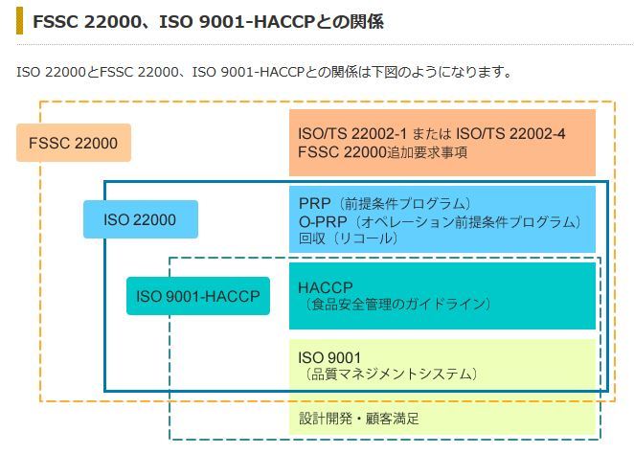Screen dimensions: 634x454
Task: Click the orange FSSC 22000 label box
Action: [74, 143]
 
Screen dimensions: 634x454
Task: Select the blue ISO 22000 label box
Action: [141, 219]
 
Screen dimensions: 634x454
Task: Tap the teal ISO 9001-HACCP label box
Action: [198, 296]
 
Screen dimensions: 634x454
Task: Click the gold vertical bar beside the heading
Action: [19, 21]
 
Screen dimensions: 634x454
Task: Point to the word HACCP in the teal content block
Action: [326, 287]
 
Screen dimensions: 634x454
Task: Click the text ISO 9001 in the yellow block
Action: [329, 357]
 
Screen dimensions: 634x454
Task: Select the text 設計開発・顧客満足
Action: [359, 418]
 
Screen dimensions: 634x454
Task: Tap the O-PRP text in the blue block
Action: [323, 221]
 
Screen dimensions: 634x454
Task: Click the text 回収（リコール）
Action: [349, 238]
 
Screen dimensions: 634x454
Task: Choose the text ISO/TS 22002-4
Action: [510, 133]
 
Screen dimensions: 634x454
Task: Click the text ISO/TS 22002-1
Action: [352, 133]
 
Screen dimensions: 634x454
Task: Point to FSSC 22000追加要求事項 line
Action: [382, 152]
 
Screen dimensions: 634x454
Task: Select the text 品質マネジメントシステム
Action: [391, 374]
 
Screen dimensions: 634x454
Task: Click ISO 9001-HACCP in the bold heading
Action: [237, 21]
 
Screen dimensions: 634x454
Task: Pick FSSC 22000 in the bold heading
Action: [87, 21]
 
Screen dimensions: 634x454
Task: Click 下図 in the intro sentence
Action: [385, 72]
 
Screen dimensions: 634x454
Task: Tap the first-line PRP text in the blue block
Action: [314, 203]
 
